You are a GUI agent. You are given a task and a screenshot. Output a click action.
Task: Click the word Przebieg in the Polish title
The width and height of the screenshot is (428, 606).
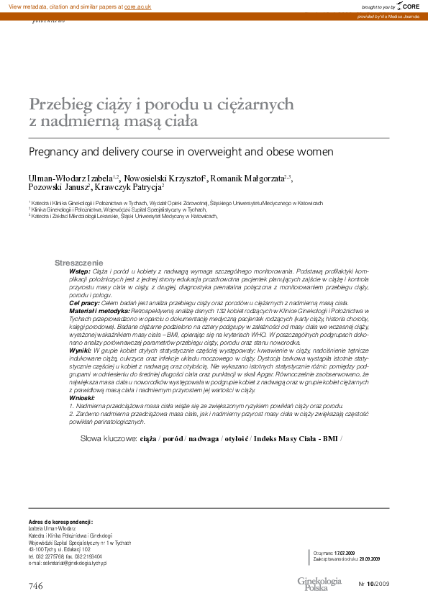point(61,104)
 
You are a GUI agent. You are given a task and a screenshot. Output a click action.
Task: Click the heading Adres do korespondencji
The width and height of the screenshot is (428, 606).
point(61,520)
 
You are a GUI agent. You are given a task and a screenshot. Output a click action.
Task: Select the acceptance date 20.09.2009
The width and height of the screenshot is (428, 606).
point(369,558)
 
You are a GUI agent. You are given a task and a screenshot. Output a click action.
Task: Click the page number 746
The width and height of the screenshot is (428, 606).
point(36,586)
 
